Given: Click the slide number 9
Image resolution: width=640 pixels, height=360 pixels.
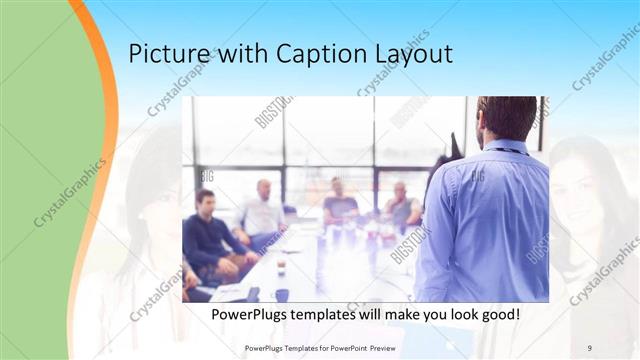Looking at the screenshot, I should [x=589, y=347].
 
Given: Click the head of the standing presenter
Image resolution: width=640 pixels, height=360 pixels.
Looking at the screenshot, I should [x=506, y=117].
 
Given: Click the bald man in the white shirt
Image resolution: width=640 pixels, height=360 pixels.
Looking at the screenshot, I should [x=262, y=209].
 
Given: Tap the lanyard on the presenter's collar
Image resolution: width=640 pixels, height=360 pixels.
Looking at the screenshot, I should [x=505, y=150].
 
